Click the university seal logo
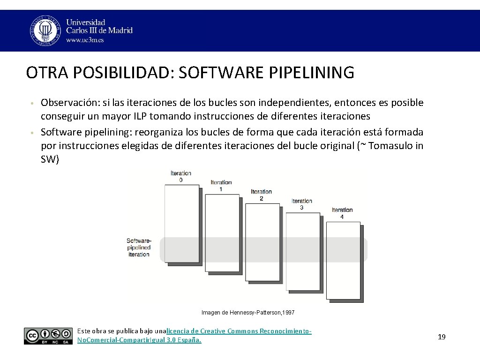tap(45, 30)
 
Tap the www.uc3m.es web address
tap(85, 40)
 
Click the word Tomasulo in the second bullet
tap(390, 145)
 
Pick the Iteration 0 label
tap(181, 177)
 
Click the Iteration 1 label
tap(221, 186)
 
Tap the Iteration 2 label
tap(261, 195)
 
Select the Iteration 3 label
tap(301, 204)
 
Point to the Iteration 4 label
tap(342, 213)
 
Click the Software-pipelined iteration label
tap(139, 247)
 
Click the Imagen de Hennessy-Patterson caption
tap(248, 312)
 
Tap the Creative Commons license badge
tap(48, 336)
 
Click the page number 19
tap(442, 337)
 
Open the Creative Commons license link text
tap(239, 331)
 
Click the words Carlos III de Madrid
tap(99, 30)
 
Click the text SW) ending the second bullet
tap(50, 159)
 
